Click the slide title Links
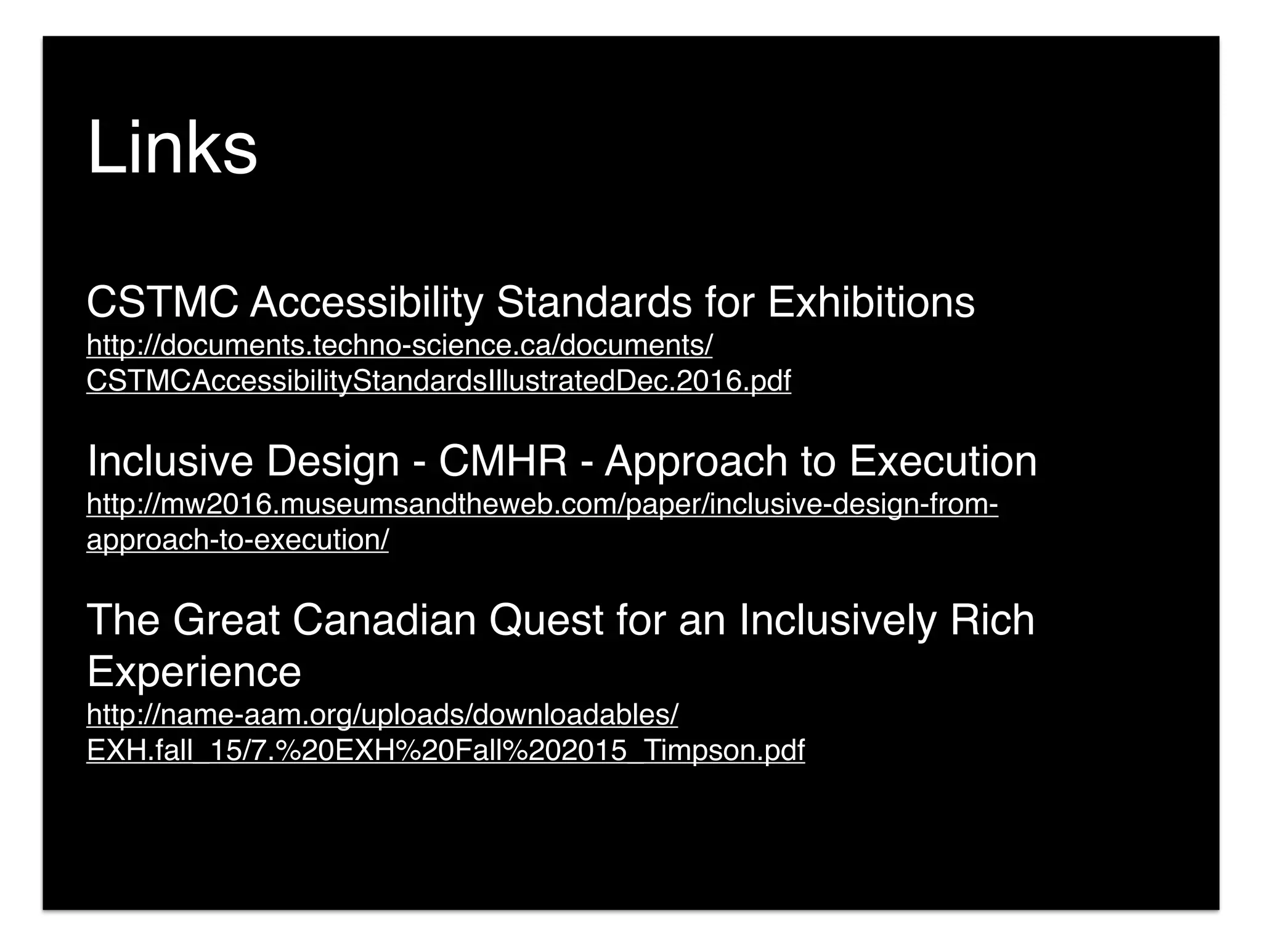tap(172, 148)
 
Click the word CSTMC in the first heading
tap(162, 302)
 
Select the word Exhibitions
tap(871, 302)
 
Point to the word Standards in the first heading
tap(594, 302)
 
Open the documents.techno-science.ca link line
tap(399, 345)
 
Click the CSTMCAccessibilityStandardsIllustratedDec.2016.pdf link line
tap(438, 381)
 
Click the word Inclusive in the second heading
tap(170, 461)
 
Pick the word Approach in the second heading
tap(696, 461)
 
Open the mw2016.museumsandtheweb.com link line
tap(542, 504)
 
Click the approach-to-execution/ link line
tap(237, 540)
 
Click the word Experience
tap(194, 672)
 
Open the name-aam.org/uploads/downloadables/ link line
tap(382, 714)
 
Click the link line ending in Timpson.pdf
tap(446, 750)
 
